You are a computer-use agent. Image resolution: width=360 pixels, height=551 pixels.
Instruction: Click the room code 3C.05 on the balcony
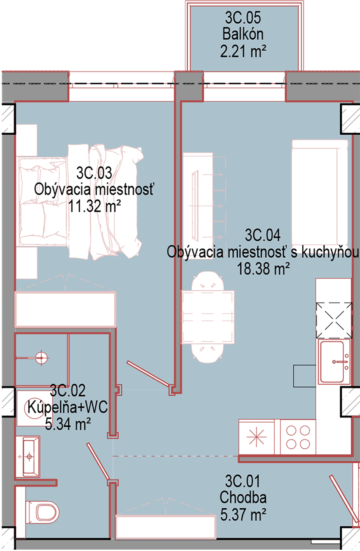243,18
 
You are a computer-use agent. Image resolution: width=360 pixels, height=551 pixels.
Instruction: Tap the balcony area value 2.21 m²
243,51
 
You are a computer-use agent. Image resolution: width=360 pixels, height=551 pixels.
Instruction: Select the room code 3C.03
94,173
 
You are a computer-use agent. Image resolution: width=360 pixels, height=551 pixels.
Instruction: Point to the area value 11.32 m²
94,206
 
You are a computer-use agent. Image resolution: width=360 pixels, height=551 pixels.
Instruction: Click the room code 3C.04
262,235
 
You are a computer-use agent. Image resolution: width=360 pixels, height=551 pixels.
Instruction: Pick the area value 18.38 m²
263,268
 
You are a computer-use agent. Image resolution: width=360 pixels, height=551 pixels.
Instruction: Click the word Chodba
243,497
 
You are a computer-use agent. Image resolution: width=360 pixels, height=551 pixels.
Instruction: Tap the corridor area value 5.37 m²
243,514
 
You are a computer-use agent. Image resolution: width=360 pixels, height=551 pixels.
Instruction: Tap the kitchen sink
334,362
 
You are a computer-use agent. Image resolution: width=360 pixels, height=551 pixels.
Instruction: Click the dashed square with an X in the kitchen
334,320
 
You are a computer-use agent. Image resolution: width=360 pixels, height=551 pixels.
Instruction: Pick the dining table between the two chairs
207,317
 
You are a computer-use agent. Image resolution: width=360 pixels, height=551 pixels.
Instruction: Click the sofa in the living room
320,192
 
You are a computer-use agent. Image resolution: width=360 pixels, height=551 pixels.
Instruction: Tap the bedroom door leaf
148,373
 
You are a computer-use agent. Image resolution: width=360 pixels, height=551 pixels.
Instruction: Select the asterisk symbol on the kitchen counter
256,437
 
